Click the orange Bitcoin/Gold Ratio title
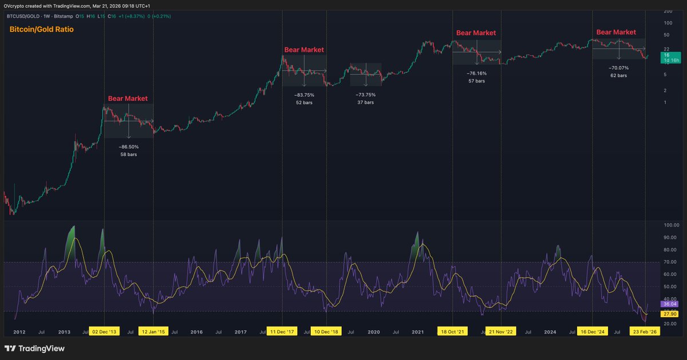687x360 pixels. [x=42, y=29]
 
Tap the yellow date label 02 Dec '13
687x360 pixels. [x=104, y=332]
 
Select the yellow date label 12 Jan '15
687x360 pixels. [x=153, y=332]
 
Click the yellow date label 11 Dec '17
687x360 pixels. [x=282, y=332]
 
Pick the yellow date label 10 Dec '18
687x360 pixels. [x=326, y=332]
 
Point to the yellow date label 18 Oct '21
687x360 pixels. [x=452, y=332]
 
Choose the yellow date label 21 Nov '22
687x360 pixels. [x=501, y=332]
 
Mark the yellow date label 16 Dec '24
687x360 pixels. [x=593, y=332]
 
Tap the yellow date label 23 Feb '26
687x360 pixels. [x=645, y=332]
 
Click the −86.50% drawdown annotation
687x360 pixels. [x=128, y=147]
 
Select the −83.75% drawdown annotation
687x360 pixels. [x=304, y=94]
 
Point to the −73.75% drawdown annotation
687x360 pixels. [x=365, y=94]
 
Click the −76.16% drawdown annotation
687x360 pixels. [x=476, y=73]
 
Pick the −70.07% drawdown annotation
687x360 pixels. [x=618, y=68]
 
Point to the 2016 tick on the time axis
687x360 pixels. [x=196, y=332]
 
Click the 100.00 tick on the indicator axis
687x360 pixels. [x=670, y=226]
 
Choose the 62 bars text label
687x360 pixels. [x=618, y=76]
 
